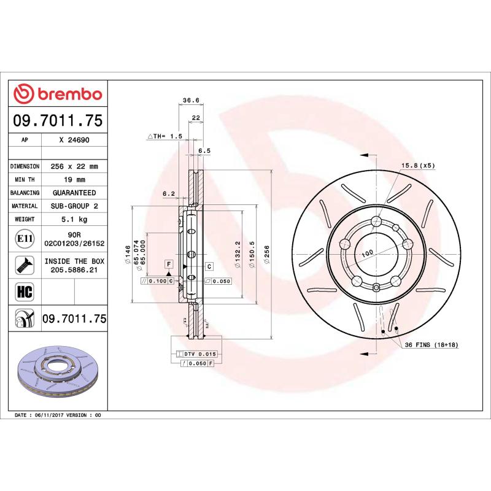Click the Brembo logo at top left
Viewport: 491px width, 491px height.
tap(58, 93)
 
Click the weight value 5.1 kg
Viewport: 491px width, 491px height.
tap(74, 219)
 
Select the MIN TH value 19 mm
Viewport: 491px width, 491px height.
tap(74, 179)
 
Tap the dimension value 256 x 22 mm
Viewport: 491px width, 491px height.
tap(74, 166)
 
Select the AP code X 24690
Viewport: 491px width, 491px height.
tap(74, 140)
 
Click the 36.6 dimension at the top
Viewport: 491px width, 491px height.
tap(191, 101)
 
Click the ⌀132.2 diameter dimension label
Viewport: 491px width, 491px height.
tap(237, 254)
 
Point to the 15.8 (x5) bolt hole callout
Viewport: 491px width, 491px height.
tap(417, 166)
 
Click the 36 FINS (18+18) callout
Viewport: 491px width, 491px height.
tap(431, 346)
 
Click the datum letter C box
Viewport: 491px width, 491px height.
tap(209, 266)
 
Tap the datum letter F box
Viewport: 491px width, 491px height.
tap(167, 264)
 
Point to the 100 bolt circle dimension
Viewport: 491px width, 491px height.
tap(368, 253)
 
